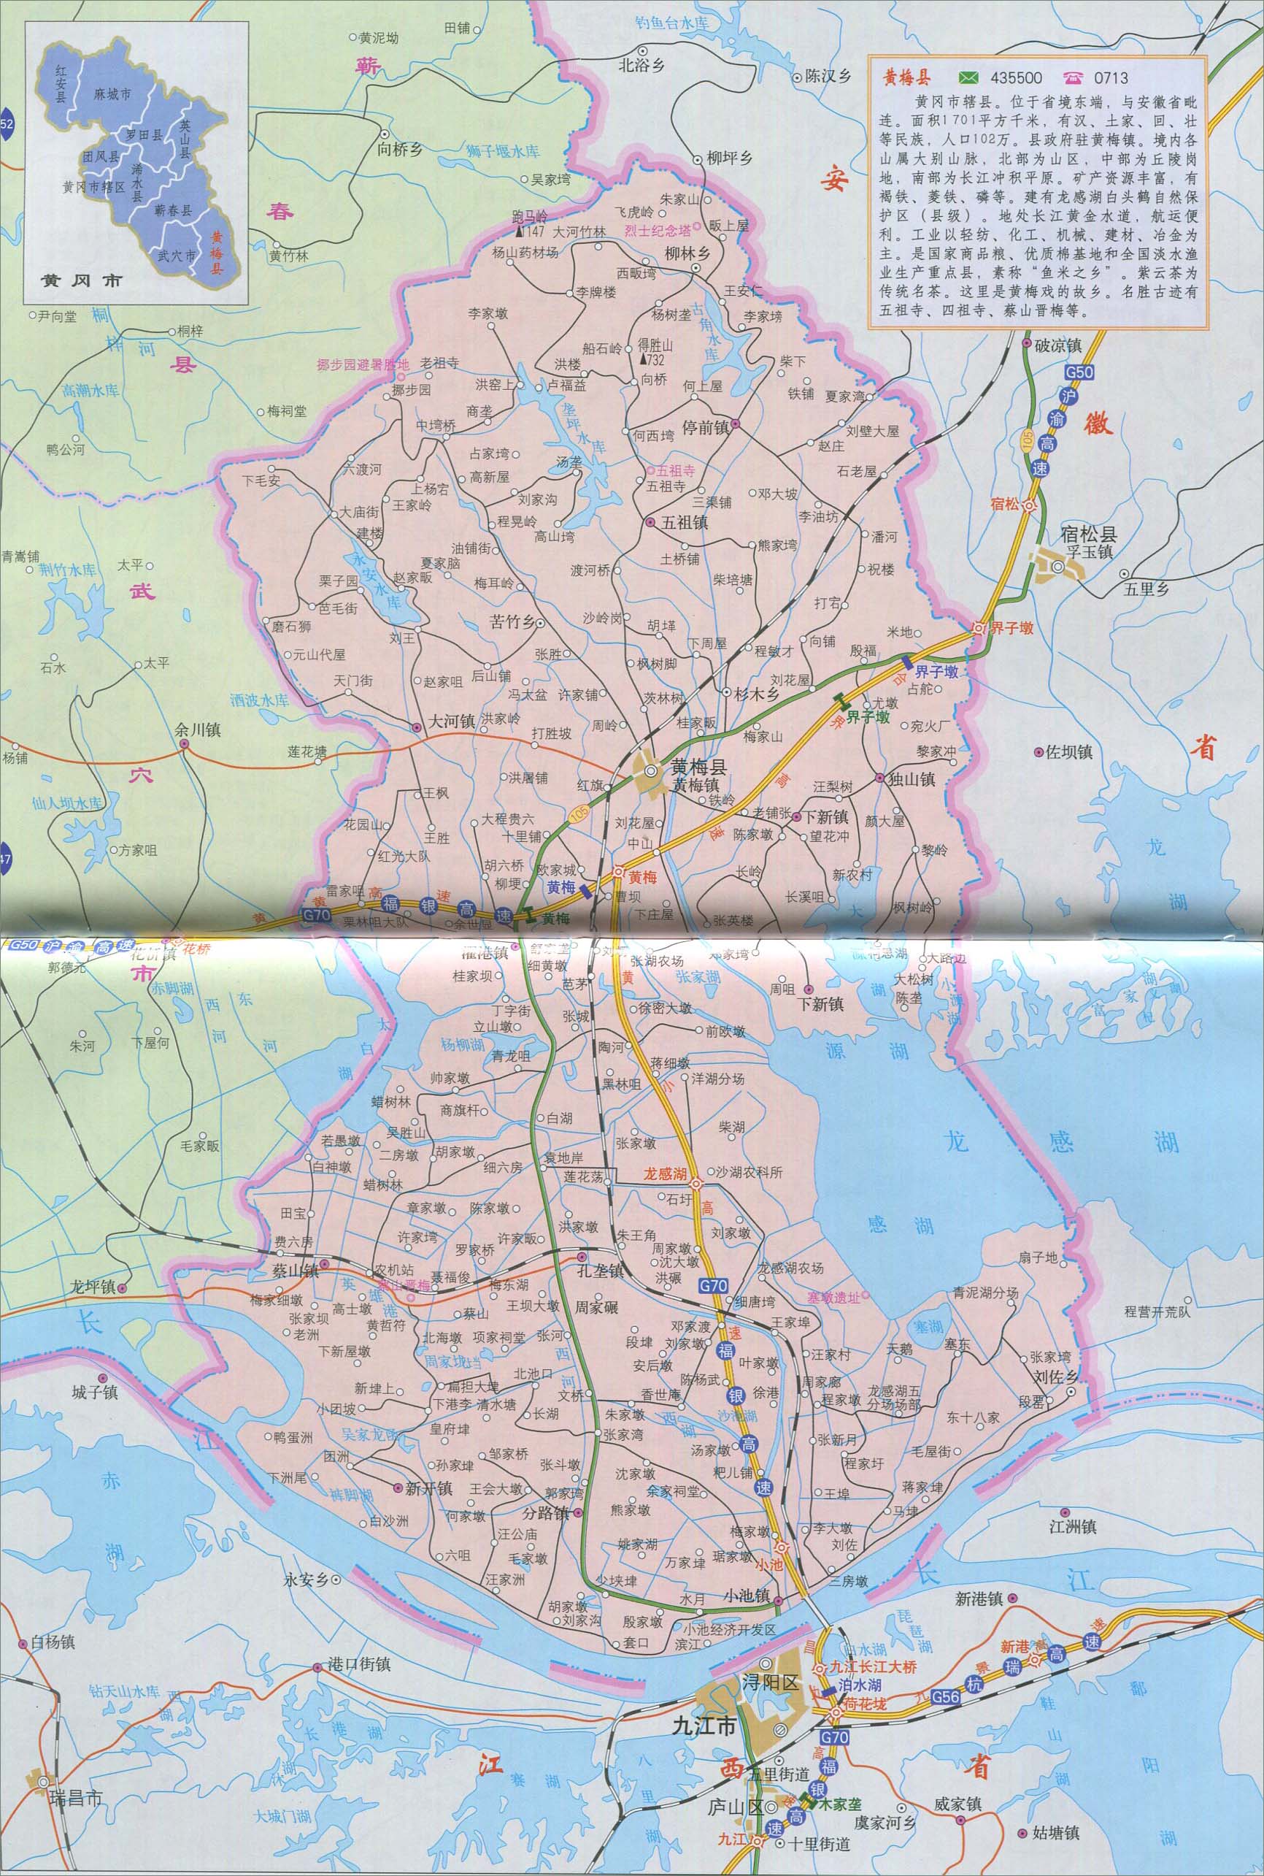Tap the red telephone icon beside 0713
tap(1074, 78)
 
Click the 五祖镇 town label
tap(685, 523)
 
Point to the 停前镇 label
tap(706, 427)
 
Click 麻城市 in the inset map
tap(111, 94)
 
